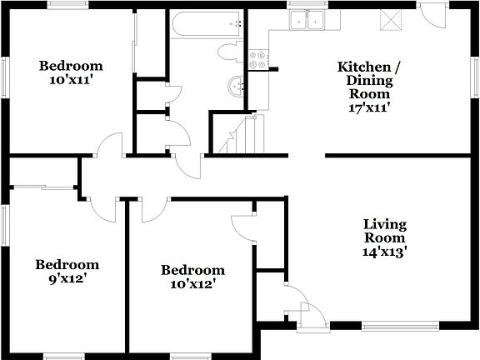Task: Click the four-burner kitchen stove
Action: [x=259, y=59]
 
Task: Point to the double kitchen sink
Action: [x=306, y=20]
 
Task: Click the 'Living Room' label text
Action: [x=384, y=231]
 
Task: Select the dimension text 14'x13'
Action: [x=384, y=251]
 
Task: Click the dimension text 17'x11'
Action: [x=363, y=107]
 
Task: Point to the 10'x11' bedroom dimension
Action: [x=71, y=80]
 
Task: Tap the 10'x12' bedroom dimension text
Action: [x=192, y=283]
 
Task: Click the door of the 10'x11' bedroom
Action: [x=108, y=148]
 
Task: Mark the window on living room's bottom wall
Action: [x=401, y=325]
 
